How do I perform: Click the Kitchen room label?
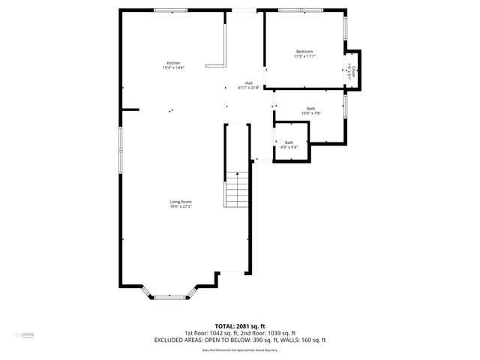click(173, 63)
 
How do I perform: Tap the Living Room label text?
click(181, 201)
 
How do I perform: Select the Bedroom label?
click(304, 51)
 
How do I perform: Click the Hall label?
click(249, 83)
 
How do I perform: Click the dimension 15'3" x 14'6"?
click(173, 68)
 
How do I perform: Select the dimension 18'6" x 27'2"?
click(181, 206)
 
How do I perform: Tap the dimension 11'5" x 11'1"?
click(304, 56)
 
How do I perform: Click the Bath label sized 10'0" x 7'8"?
click(311, 109)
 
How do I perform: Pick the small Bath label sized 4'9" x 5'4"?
click(289, 142)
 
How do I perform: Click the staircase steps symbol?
click(237, 190)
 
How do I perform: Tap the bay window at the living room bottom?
click(170, 298)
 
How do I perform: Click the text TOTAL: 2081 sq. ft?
click(240, 326)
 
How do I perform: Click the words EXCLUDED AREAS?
click(180, 340)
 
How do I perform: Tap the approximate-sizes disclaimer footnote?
click(240, 349)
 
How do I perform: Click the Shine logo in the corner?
click(23, 336)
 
